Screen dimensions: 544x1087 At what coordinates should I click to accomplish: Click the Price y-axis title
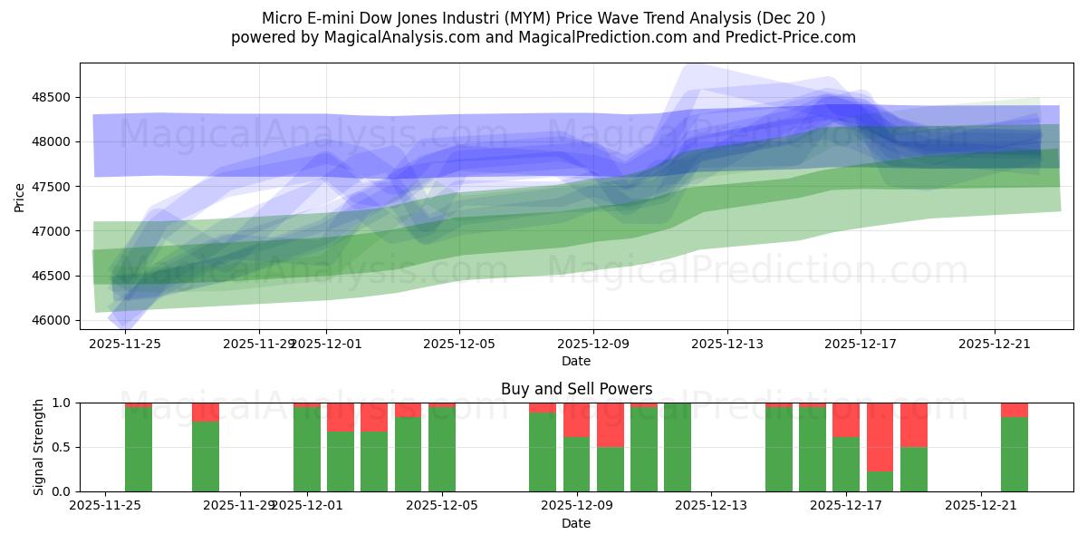click(x=20, y=196)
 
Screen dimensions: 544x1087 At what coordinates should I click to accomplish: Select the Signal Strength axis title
click(x=37, y=447)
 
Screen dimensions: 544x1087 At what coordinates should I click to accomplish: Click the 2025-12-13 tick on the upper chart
click(x=726, y=344)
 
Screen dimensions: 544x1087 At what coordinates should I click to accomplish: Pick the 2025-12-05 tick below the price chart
click(x=459, y=344)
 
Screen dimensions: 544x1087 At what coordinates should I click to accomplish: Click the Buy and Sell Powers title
click(x=576, y=389)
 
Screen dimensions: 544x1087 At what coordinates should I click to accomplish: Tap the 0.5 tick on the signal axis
click(x=61, y=447)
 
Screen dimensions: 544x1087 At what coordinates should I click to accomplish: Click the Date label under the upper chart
click(x=576, y=361)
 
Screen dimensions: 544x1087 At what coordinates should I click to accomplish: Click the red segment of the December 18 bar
click(x=880, y=436)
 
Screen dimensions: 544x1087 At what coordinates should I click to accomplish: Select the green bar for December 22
click(x=1015, y=454)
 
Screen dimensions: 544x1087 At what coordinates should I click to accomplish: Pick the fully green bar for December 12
click(x=678, y=447)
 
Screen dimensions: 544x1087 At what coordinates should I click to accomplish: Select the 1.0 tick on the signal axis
click(x=61, y=403)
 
